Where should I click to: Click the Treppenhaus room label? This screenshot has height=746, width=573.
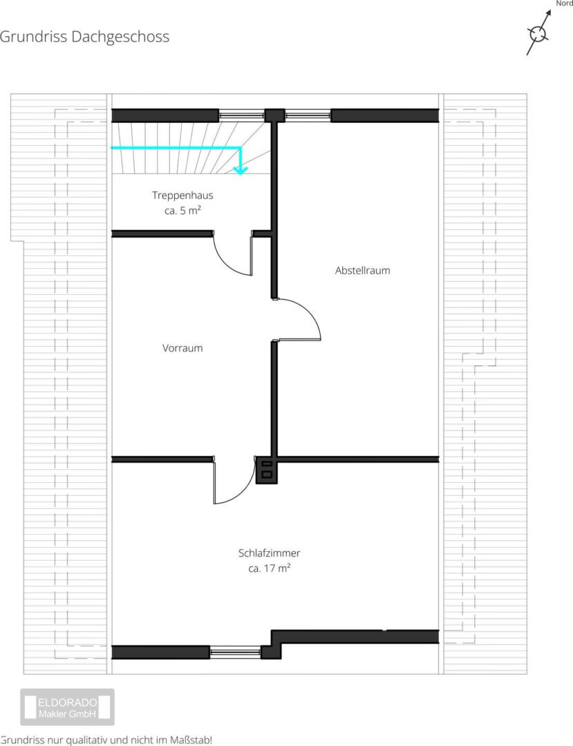coord(182,195)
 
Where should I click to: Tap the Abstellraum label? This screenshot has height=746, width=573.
coord(362,270)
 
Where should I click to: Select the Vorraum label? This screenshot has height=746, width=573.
coord(182,347)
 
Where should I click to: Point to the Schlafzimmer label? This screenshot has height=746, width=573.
coord(269,553)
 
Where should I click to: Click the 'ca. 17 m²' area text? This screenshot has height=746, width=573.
coord(269,568)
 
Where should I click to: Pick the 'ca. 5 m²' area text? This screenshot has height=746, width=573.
coord(182,210)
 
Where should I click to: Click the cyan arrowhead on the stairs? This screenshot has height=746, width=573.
coord(241,170)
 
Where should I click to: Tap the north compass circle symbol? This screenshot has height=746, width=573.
coord(538,34)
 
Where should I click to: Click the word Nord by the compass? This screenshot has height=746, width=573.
coord(565,3)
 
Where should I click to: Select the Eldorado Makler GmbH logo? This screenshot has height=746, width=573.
coord(67,707)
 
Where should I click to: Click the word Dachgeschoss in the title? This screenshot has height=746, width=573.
coord(120,37)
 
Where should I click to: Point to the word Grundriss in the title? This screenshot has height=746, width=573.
coord(33,37)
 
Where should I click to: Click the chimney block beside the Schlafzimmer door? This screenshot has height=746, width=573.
coord(266,470)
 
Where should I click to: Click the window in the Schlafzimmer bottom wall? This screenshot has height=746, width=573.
coord(235,652)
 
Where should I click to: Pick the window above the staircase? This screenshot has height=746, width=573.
coord(241,115)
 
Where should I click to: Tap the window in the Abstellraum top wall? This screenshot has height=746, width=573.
coord(308,115)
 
